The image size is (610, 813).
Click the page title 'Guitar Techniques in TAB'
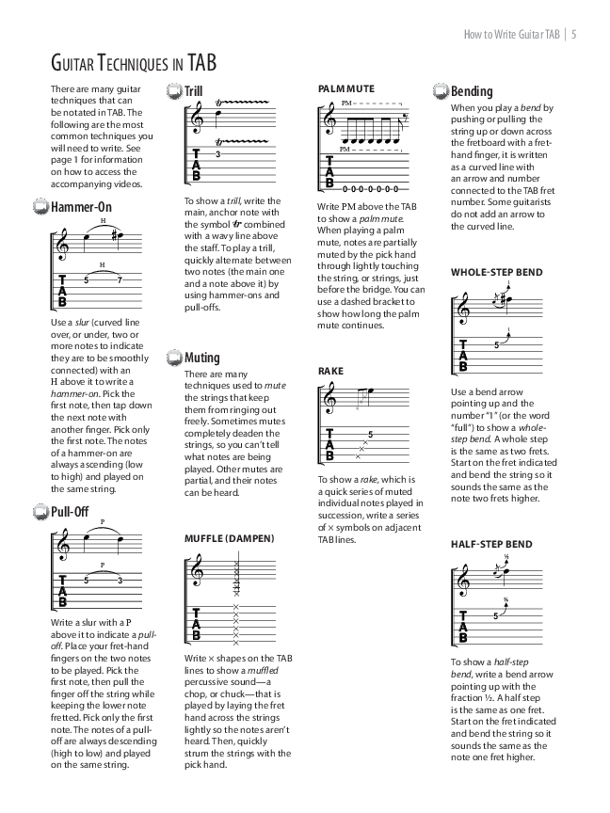(133, 63)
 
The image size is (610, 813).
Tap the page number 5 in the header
(573, 36)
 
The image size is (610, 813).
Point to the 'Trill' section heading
(193, 91)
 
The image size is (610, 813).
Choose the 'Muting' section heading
(201, 358)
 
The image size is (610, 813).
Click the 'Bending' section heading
(472, 91)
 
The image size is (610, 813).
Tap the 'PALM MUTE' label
(345, 88)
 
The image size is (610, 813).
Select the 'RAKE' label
(330, 372)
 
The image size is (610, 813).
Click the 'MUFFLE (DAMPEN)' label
(230, 538)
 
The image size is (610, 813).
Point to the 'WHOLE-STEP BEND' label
(496, 273)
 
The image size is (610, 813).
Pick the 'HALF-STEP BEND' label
(491, 544)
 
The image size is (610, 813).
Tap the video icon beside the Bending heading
(441, 91)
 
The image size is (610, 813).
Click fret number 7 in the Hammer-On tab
(120, 279)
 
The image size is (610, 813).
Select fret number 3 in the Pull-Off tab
(120, 580)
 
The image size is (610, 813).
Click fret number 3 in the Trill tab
(217, 153)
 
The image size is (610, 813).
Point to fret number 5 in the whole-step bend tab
(495, 345)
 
